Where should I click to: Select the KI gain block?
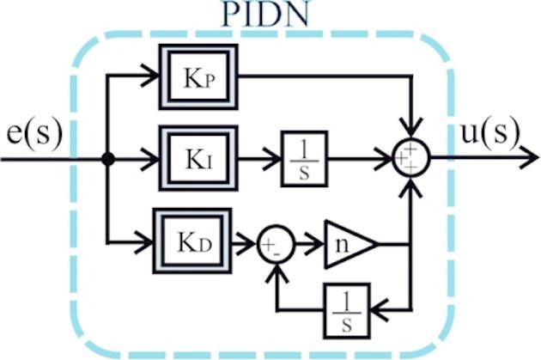pos(198,159)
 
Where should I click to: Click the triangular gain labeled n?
pos(346,245)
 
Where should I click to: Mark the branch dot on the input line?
pos(107,159)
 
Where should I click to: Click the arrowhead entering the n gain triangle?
pos(315,245)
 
